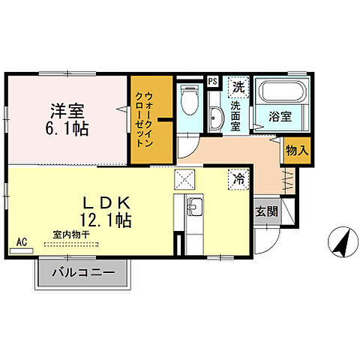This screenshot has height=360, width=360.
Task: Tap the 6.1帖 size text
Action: click(x=67, y=129)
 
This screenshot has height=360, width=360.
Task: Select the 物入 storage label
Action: click(x=297, y=150)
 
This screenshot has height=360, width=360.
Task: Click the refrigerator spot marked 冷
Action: click(x=237, y=180)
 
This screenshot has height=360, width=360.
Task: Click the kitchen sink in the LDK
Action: click(x=194, y=206)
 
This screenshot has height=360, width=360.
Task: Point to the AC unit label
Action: click(x=22, y=241)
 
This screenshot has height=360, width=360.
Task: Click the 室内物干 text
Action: click(x=71, y=235)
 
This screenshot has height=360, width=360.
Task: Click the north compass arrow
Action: click(x=342, y=241)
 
